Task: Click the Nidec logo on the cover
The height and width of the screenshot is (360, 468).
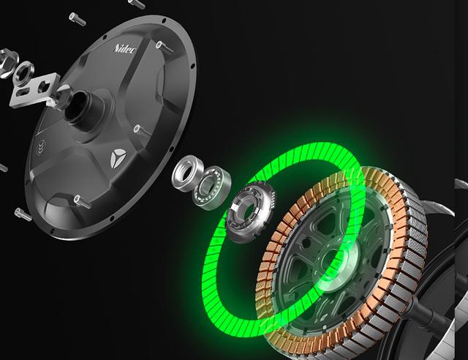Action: [125, 49]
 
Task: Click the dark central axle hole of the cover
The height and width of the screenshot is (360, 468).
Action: [75, 107]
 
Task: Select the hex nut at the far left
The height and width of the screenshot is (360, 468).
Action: [7, 64]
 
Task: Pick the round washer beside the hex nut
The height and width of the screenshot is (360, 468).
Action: [24, 74]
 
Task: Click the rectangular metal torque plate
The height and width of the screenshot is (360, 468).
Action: [34, 90]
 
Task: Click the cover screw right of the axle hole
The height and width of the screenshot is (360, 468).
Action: [141, 130]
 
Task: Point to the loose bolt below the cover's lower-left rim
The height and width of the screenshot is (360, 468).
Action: [23, 214]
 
